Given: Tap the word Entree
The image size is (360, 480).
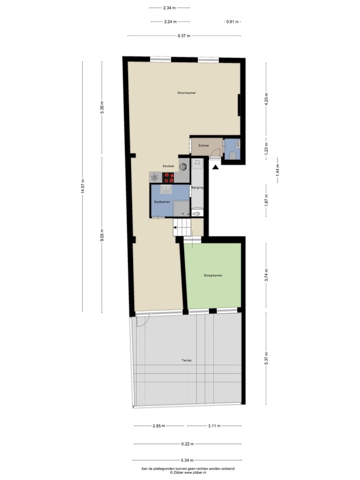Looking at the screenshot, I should [x=203, y=145].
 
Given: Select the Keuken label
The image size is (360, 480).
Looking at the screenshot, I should [x=168, y=166].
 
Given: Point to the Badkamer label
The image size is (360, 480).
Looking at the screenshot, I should [x=161, y=202].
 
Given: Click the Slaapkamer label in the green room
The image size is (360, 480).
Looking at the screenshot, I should [x=213, y=275].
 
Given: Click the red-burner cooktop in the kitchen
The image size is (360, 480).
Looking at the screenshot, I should [x=169, y=177].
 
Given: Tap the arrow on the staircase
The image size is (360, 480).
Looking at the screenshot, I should [x=176, y=231].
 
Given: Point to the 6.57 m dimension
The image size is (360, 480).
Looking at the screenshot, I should [x=183, y=36].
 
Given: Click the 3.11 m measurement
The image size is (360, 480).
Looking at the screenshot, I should [x=214, y=426].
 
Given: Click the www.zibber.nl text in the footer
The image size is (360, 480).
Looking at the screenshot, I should [x=202, y=472].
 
